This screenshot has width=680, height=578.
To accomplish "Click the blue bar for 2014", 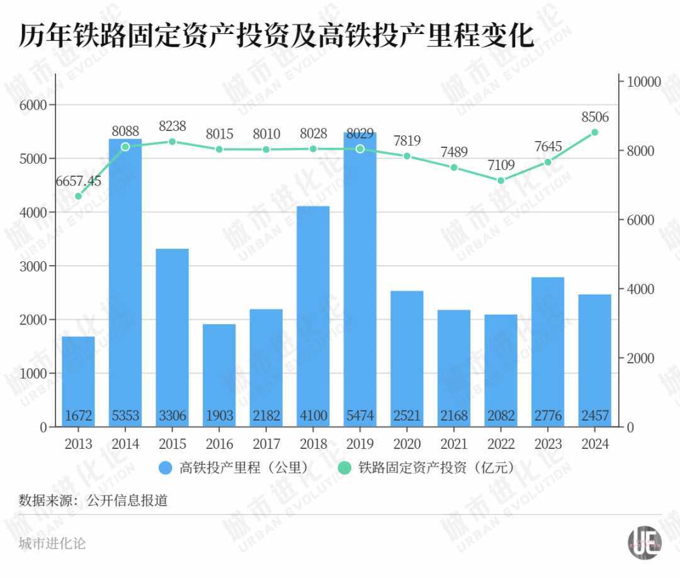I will coord(125,283).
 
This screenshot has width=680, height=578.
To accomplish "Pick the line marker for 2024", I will coord(594,132).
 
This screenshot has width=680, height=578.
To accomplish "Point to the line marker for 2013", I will coord(78,196).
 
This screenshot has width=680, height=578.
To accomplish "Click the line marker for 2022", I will coord(501,181).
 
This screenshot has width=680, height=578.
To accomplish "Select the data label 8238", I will coord(172,126).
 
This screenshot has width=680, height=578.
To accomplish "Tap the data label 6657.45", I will coord(78,181).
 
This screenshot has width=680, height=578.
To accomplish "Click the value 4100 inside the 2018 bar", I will coord(313,416).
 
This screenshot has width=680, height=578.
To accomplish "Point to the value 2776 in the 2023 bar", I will coord(548,416).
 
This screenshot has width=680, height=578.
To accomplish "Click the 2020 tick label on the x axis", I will coord(407,444).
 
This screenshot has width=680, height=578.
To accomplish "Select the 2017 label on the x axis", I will coord(266,444).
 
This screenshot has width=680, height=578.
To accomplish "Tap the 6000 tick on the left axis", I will coord(35,105).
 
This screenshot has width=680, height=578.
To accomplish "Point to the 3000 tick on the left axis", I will coord(35,266).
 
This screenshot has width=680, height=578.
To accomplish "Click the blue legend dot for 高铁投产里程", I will coord(166,468).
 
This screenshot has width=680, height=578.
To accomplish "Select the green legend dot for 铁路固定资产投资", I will coord(344,468).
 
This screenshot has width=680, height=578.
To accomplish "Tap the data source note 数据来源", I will coord(93,501).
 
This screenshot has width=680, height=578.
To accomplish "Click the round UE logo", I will coord(644,541).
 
